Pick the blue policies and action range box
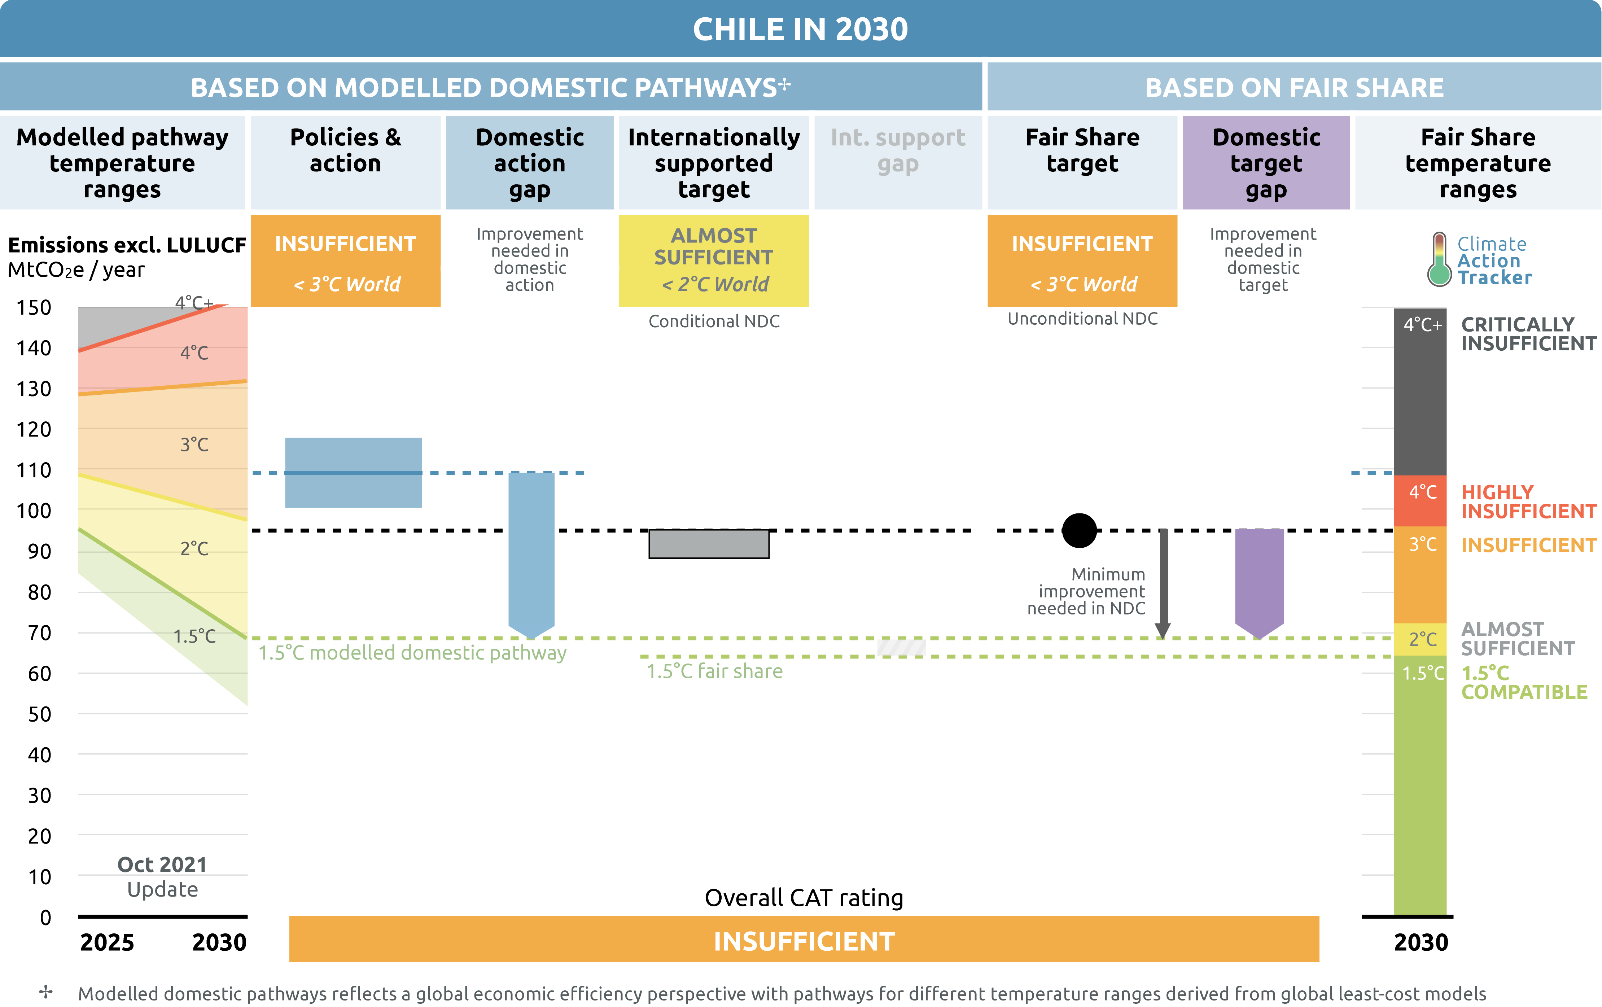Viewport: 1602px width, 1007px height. click(353, 472)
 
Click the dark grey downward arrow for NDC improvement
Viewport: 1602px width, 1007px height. click(1163, 583)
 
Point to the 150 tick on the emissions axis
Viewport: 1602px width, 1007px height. click(34, 307)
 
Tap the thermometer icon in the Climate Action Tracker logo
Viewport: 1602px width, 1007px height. click(1439, 259)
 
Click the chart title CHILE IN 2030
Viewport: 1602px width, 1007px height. click(800, 29)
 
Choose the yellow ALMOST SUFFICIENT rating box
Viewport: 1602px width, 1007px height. click(714, 260)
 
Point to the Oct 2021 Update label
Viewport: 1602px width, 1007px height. click(162, 877)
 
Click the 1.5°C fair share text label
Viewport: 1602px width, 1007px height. click(714, 671)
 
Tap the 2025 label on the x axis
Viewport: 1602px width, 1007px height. click(107, 942)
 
